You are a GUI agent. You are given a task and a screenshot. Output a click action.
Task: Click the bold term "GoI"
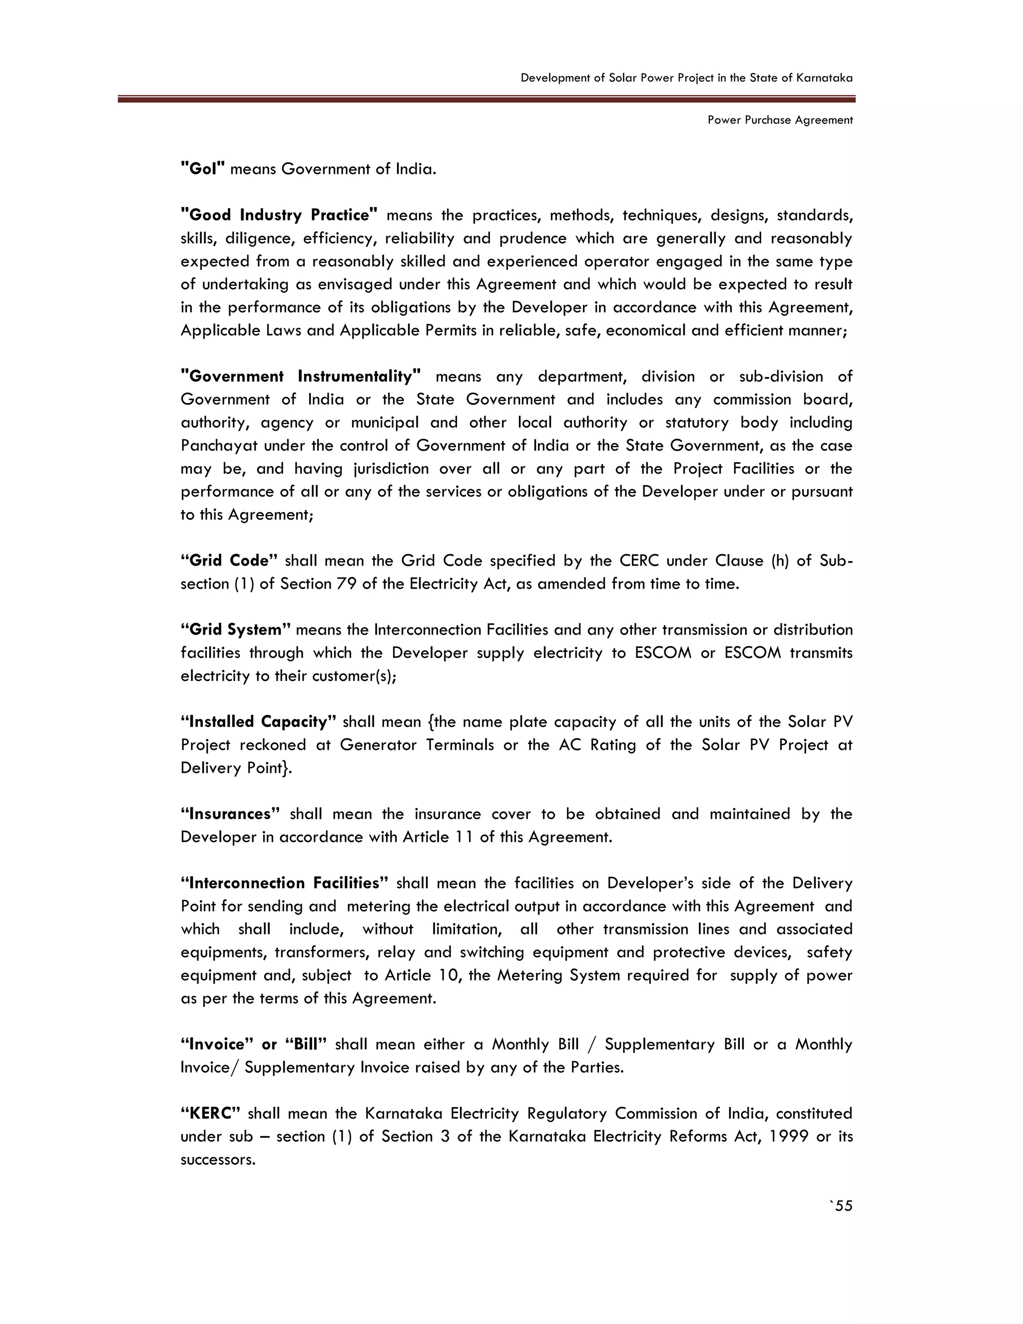coord(203,168)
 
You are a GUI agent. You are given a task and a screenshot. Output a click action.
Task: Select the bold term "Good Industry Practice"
coord(279,215)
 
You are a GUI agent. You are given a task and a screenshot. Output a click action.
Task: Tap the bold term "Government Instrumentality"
coord(301,377)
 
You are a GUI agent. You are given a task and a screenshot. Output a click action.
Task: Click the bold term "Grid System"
coord(236,630)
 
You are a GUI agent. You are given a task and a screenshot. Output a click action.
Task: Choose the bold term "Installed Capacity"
coord(258,722)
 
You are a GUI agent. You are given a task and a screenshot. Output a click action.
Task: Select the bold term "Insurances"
coord(230,814)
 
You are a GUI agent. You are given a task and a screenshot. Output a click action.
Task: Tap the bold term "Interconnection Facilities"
coord(284,883)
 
